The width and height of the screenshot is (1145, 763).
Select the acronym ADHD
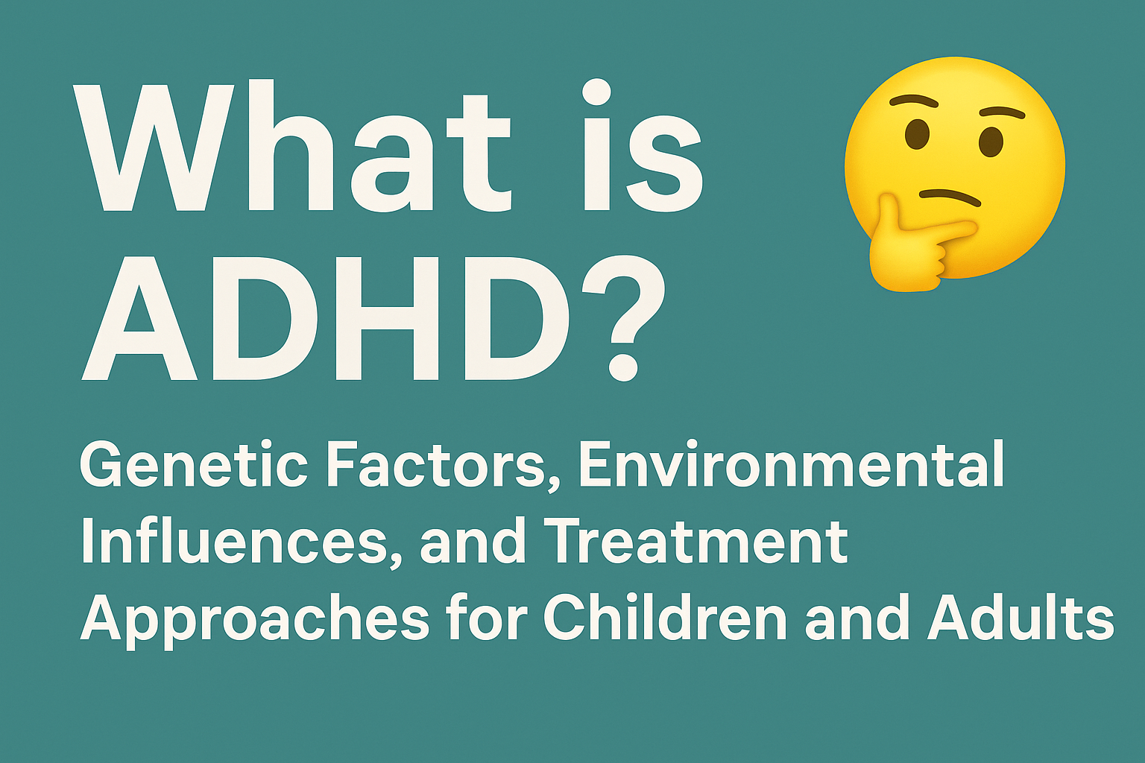click(328, 317)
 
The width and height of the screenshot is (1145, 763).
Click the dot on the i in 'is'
click(596, 95)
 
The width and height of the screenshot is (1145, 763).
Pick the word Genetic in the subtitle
click(193, 466)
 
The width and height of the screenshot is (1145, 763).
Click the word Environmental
click(791, 466)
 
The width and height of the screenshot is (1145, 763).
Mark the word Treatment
click(698, 542)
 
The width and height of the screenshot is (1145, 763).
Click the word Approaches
click(254, 620)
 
